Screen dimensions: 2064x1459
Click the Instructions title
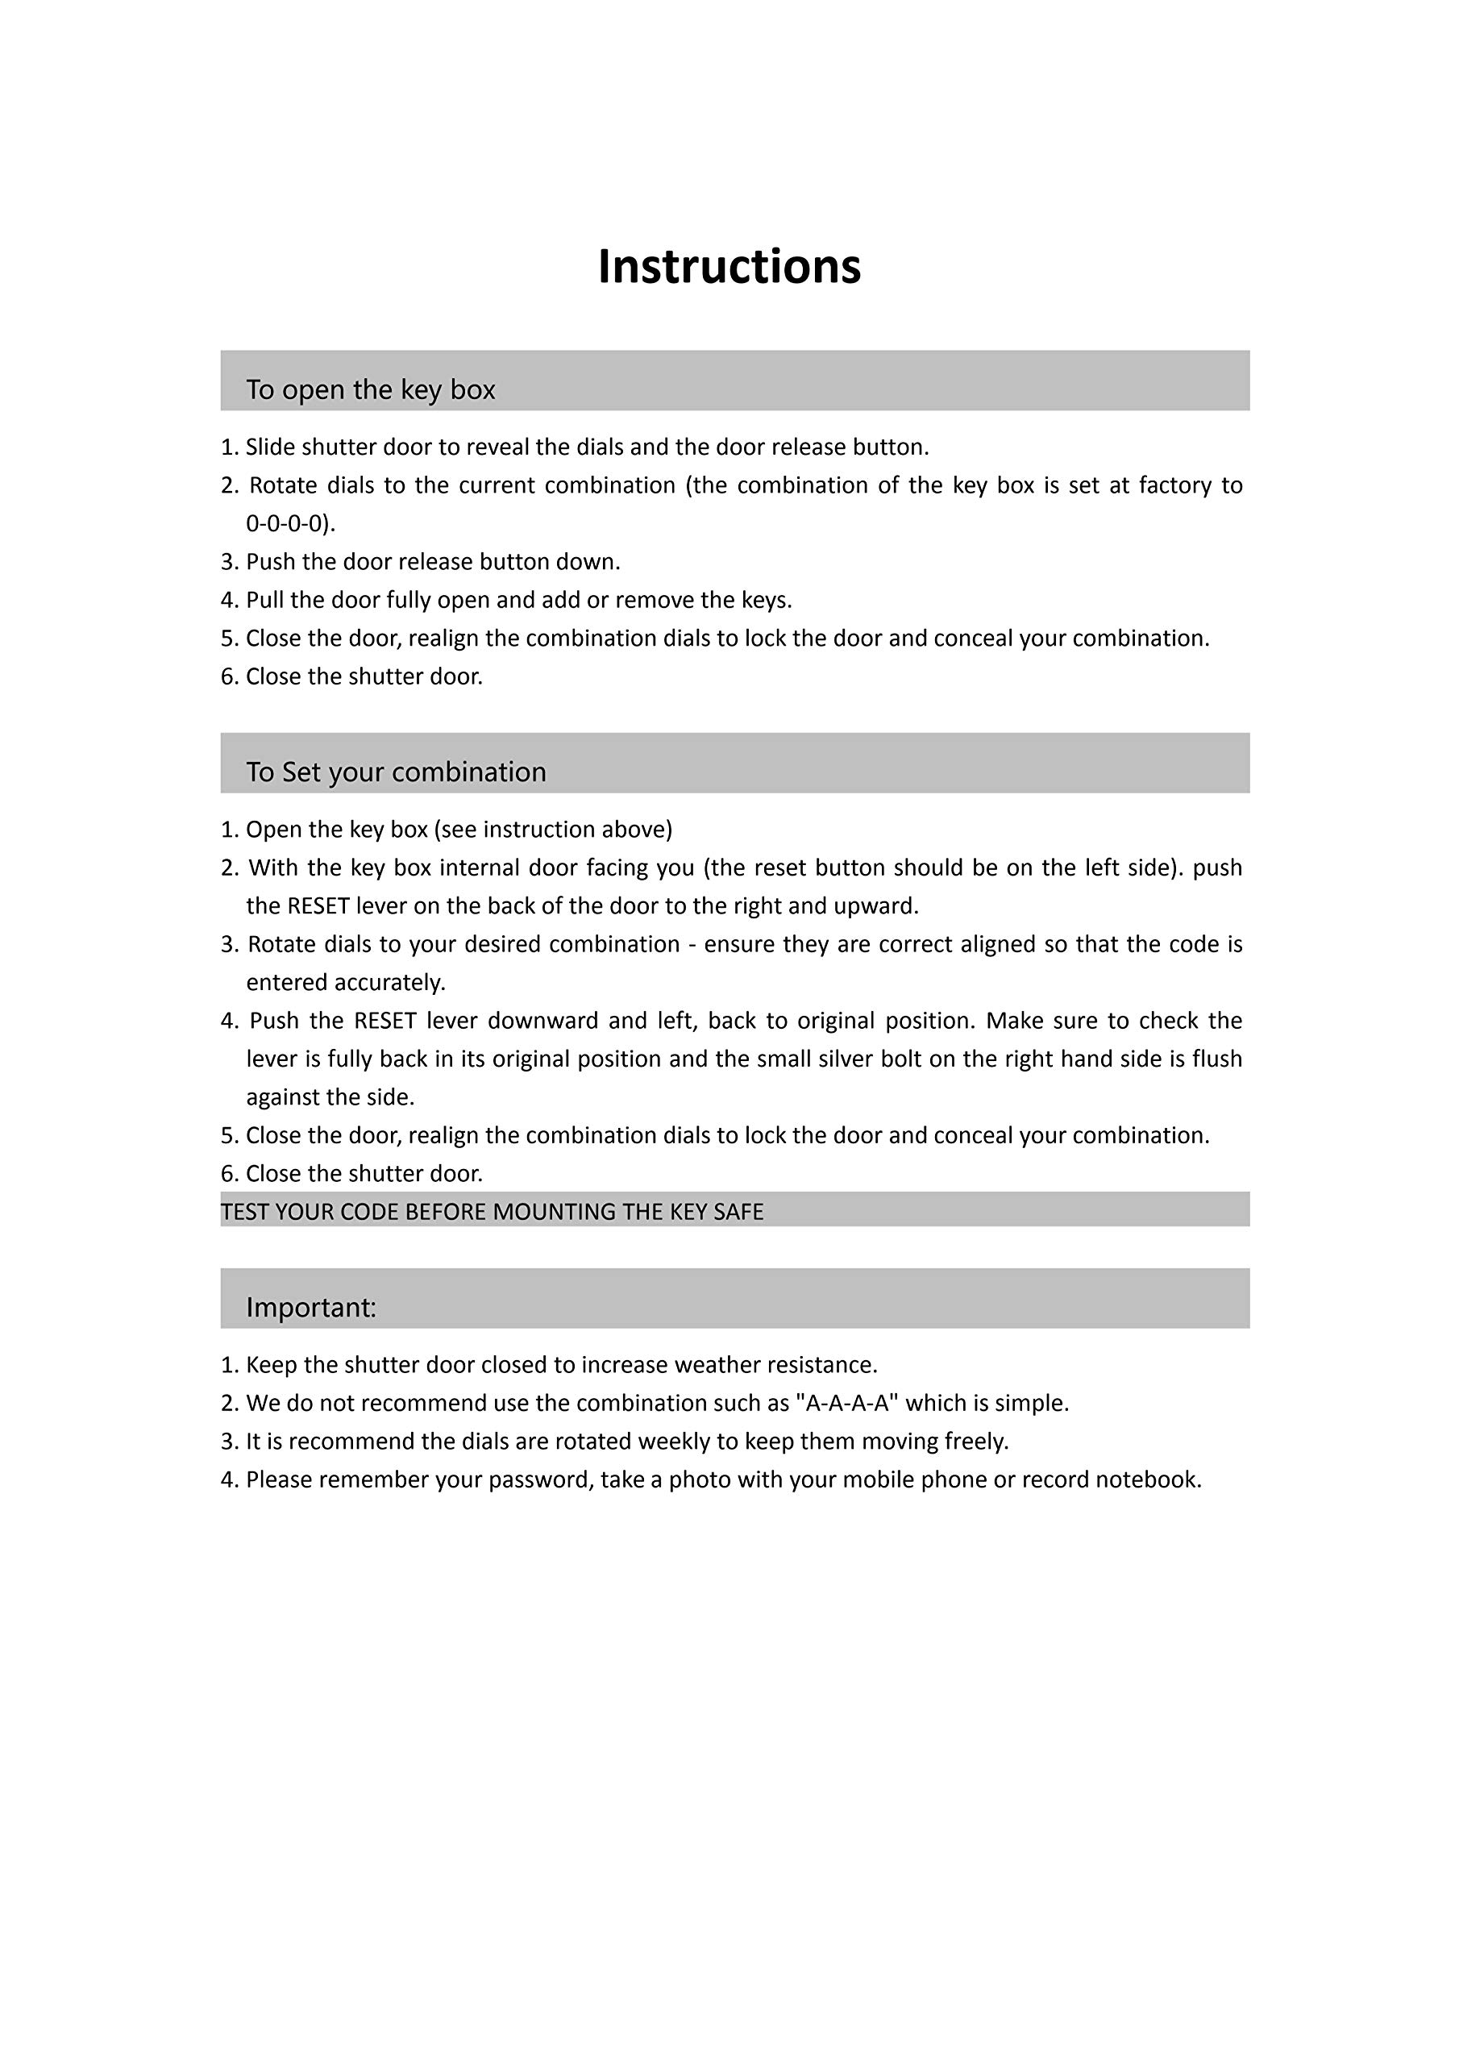(x=729, y=266)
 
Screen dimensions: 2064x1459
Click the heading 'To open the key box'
(x=370, y=389)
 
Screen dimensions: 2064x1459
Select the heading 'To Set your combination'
(x=396, y=772)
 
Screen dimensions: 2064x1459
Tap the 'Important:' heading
(x=311, y=1306)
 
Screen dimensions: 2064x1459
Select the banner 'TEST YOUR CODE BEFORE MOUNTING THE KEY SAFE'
(x=492, y=1212)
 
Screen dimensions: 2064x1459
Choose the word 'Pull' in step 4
(x=264, y=600)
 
